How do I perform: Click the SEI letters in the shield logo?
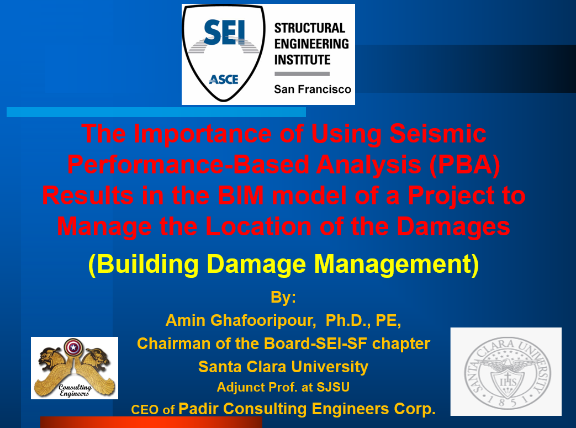(224, 33)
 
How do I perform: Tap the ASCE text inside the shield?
(224, 79)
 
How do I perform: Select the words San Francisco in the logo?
(313, 89)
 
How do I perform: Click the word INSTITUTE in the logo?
(302, 60)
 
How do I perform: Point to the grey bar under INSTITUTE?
(302, 74)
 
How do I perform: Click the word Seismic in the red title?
(438, 133)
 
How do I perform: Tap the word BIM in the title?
(241, 195)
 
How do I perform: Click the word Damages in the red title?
(453, 226)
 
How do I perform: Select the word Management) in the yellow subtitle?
(397, 264)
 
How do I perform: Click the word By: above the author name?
(283, 297)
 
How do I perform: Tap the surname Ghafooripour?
(263, 320)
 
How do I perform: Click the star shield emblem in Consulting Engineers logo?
(73, 347)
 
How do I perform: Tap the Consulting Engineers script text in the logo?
(75, 390)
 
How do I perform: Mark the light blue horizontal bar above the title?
(156, 112)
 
